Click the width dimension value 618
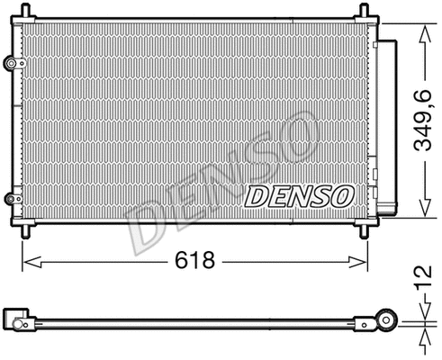tap(194, 261)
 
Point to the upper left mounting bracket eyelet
tap(11, 64)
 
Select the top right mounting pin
tap(365, 11)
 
